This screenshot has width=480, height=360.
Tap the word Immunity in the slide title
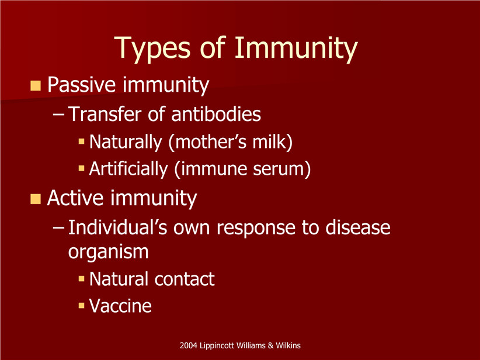(296, 48)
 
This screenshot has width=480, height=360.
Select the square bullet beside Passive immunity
(36, 85)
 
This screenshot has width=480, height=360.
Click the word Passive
(81, 84)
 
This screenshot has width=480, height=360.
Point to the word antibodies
(216, 114)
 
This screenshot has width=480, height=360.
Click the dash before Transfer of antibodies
(58, 115)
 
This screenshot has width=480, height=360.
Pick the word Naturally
(126, 142)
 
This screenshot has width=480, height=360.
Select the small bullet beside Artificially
(81, 168)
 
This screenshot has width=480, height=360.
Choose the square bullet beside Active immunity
(36, 199)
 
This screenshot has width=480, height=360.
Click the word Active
(75, 198)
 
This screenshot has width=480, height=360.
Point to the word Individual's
(117, 227)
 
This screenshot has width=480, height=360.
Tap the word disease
(357, 227)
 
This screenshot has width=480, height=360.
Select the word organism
(109, 252)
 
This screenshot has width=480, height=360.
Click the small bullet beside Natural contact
(81, 279)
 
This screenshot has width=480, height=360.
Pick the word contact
(185, 279)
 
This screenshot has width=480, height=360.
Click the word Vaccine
(120, 306)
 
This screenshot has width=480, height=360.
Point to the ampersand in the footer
(270, 345)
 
